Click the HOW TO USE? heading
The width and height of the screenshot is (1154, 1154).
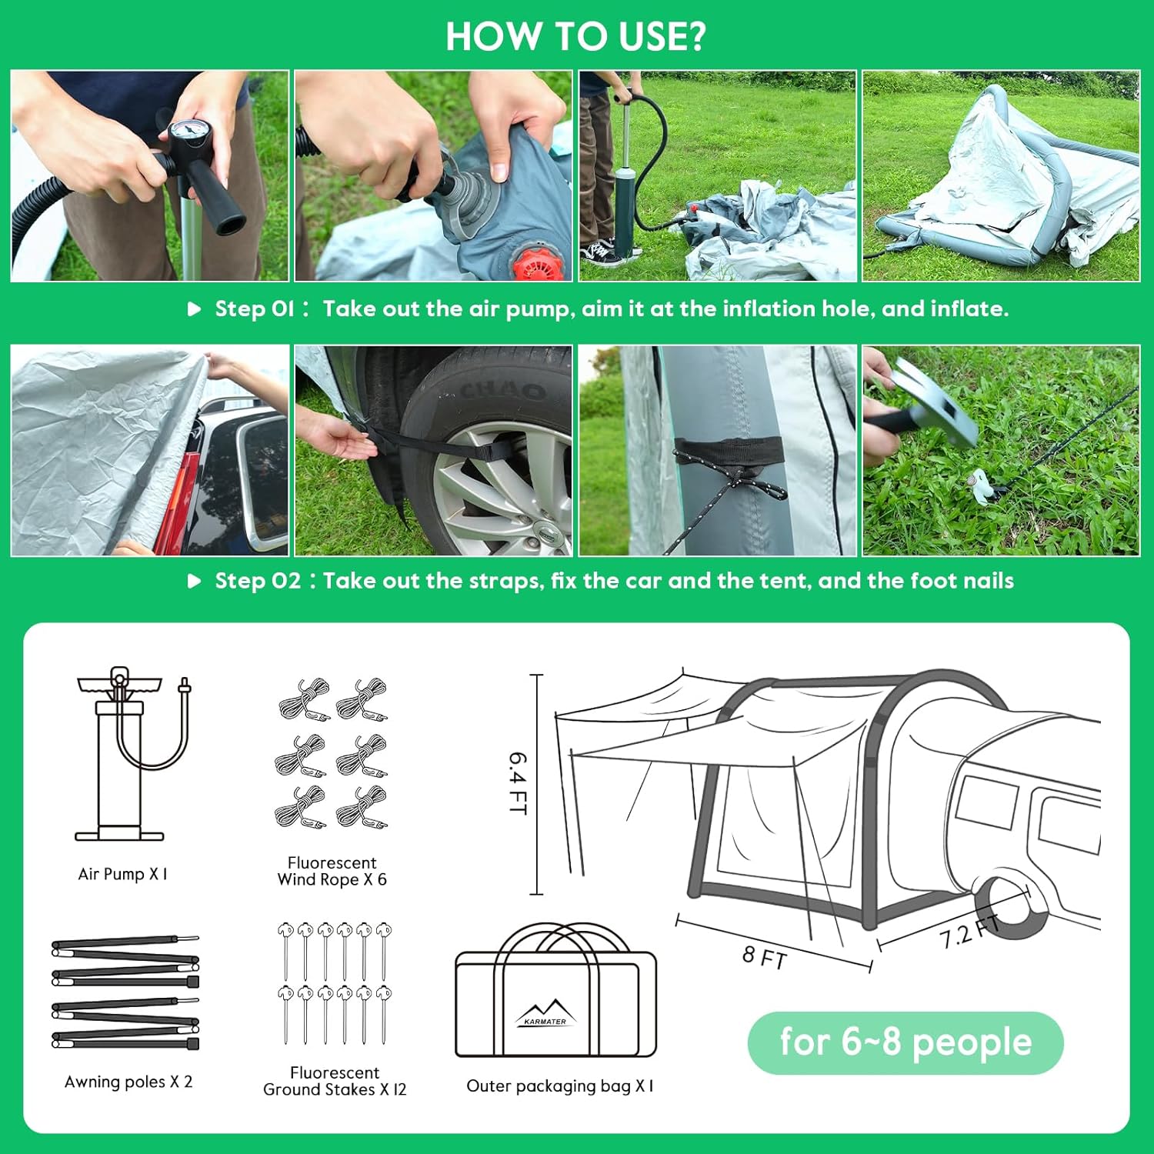click(575, 36)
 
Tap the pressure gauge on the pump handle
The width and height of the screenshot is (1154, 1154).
click(187, 130)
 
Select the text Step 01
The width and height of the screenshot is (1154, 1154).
click(254, 309)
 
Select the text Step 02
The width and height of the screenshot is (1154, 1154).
click(258, 580)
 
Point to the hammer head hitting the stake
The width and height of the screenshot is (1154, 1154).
click(934, 404)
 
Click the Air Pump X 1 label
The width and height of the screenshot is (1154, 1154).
click(122, 874)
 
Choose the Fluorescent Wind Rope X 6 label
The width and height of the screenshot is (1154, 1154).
click(332, 871)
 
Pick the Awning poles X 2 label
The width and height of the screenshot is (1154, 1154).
click(128, 1082)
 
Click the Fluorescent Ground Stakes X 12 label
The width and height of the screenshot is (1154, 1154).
click(335, 1081)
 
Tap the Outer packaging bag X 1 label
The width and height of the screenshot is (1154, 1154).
click(560, 1086)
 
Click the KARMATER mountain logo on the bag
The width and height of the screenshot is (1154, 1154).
click(545, 1013)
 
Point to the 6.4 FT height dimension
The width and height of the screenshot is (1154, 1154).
click(517, 783)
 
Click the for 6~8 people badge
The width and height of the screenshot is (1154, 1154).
click(906, 1042)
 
